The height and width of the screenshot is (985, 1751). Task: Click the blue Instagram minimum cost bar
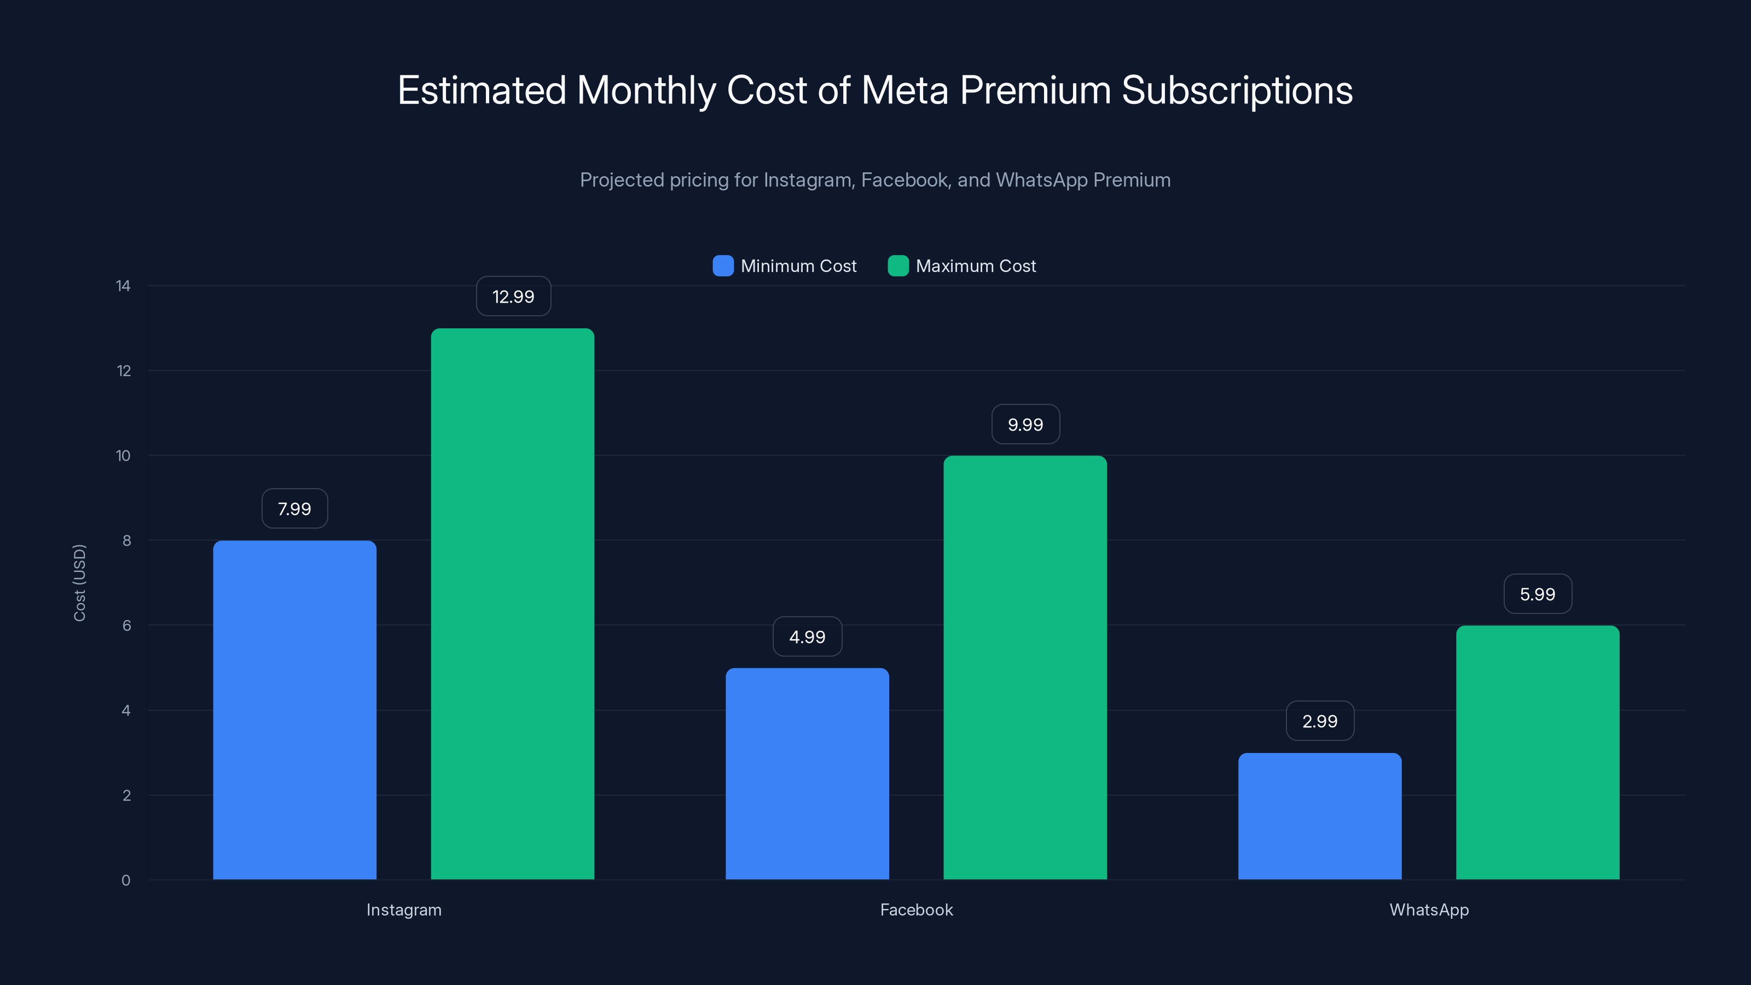pyautogui.click(x=294, y=710)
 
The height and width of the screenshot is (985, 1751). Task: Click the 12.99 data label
pyautogui.click(x=513, y=297)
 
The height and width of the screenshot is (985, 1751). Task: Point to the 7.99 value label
pyautogui.click(x=294, y=508)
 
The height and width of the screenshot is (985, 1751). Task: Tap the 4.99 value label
pyautogui.click(x=807, y=637)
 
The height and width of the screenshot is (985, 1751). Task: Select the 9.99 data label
pyautogui.click(x=1025, y=425)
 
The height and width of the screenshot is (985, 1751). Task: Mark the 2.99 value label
pyautogui.click(x=1319, y=721)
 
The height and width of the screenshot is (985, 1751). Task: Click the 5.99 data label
pyautogui.click(x=1538, y=594)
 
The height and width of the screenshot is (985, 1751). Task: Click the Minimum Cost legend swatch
pyautogui.click(x=722, y=266)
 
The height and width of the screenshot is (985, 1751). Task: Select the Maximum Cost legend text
pyautogui.click(x=976, y=266)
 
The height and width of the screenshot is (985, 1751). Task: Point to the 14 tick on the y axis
pyautogui.click(x=123, y=286)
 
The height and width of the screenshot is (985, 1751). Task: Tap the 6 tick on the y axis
pyautogui.click(x=126, y=625)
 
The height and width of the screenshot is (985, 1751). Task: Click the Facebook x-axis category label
pyautogui.click(x=917, y=909)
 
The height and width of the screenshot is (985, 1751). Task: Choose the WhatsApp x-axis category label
pyautogui.click(x=1429, y=909)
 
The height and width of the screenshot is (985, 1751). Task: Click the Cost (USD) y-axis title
pyautogui.click(x=79, y=583)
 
